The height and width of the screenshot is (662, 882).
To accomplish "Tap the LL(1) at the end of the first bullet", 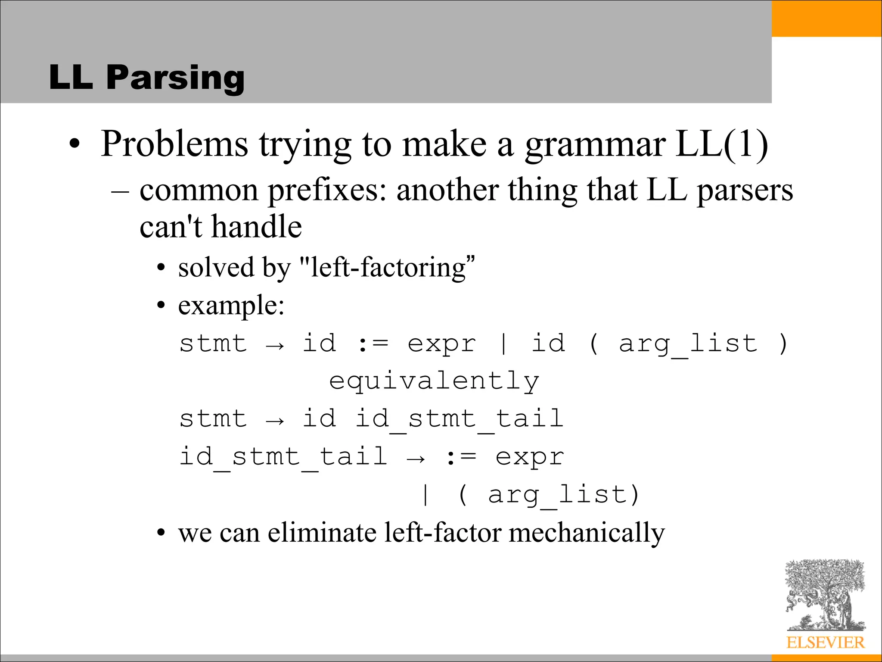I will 722,144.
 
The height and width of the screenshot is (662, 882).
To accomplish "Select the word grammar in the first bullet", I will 595,145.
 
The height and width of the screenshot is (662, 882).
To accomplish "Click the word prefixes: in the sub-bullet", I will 327,190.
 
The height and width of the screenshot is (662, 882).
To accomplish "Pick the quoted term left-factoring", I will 388,268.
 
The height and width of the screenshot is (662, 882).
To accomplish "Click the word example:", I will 231,306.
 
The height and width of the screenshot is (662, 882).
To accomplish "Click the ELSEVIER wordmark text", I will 825,643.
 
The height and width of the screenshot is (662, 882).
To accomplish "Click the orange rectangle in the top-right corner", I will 826,19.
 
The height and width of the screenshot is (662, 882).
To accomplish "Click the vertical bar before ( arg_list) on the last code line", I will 425,495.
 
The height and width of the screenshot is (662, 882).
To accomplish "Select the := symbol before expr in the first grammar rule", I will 373,344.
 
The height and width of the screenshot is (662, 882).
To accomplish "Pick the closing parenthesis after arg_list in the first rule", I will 783,344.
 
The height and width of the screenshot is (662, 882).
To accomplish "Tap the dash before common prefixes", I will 120,190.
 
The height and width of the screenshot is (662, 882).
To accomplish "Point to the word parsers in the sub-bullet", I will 745,190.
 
